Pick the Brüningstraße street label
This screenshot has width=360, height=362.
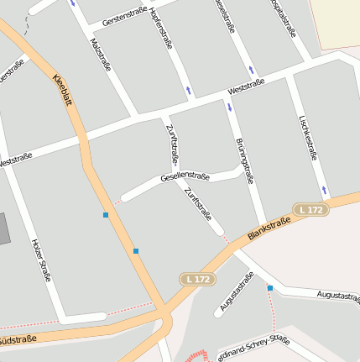244,159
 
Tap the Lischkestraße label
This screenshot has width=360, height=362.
308,136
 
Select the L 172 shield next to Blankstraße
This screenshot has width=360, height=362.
310,209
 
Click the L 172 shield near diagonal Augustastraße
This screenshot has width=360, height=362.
196,278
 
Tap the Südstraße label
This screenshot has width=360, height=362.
17,340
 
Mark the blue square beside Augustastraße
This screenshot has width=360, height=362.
270,288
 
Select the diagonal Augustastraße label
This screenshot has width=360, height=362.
236,296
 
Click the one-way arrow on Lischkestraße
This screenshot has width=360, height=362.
324,190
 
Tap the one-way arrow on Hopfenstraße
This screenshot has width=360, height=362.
189,89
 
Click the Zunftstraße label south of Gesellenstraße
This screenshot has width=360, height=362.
198,204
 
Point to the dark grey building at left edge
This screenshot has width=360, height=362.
3,228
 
